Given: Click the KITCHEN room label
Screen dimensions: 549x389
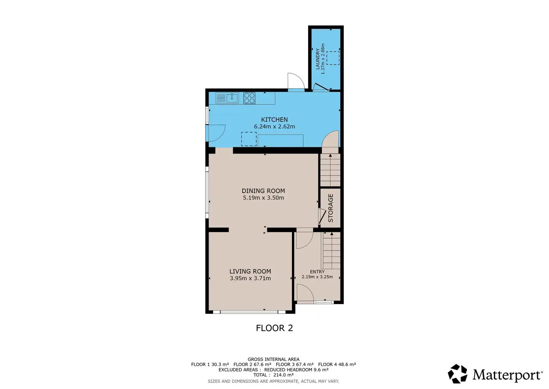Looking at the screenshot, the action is pyautogui.click(x=274, y=120).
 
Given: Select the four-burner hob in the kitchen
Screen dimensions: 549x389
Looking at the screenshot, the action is pyautogui.click(x=249, y=98).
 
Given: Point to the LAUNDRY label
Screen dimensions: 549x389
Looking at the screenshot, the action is pyautogui.click(x=317, y=59).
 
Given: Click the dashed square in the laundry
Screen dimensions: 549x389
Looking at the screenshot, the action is pyautogui.click(x=333, y=58).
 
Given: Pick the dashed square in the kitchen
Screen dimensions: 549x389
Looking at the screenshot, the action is pyautogui.click(x=249, y=139).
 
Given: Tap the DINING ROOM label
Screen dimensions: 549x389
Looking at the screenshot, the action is pyautogui.click(x=263, y=191).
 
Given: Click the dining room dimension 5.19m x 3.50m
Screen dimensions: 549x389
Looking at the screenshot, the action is pyautogui.click(x=263, y=198).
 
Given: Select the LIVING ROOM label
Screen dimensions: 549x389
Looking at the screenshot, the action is pyautogui.click(x=250, y=271).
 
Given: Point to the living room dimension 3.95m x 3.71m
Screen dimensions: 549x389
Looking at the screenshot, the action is pyautogui.click(x=250, y=278).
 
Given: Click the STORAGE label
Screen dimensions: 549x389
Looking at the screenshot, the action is pyautogui.click(x=331, y=208).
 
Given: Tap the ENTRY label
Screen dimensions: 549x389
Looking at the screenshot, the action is pyautogui.click(x=317, y=272).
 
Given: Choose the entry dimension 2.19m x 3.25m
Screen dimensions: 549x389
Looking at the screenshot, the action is pyautogui.click(x=317, y=277).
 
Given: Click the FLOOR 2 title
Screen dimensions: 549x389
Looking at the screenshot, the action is pyautogui.click(x=274, y=328).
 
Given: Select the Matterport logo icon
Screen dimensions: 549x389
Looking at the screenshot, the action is pyautogui.click(x=457, y=374).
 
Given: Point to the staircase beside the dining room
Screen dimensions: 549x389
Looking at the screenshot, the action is pyautogui.click(x=330, y=170).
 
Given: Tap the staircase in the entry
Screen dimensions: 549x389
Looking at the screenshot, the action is pyautogui.click(x=331, y=250).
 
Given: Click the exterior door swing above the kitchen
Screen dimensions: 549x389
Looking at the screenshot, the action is pyautogui.click(x=296, y=81).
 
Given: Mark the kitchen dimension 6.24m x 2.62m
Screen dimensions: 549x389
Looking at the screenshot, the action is pyautogui.click(x=274, y=127).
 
